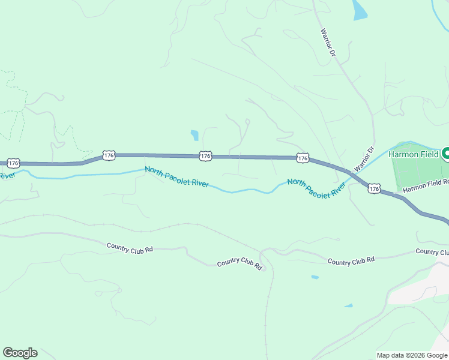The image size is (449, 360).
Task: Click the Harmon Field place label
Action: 414,154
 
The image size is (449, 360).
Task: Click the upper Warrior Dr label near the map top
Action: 327,43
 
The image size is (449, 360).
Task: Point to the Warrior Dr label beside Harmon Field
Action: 364,159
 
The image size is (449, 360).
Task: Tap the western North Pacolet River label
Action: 176,176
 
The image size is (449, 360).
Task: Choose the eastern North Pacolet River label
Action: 316,188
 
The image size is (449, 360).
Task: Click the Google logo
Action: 20,353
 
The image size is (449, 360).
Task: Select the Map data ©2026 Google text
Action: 412,355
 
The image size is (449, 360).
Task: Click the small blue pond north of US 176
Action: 194,135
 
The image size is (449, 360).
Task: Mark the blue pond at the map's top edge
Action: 360,10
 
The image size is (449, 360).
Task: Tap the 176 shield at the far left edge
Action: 14,163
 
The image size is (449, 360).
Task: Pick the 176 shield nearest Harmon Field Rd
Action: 374,188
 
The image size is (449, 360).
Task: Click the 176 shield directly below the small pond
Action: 205,155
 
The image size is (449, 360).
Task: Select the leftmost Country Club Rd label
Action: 130,247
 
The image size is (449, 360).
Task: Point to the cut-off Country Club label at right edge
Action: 432,252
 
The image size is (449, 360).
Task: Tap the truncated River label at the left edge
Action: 7,175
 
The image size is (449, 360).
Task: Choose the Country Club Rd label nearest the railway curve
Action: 240,263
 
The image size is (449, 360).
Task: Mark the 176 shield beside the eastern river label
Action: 303,158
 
